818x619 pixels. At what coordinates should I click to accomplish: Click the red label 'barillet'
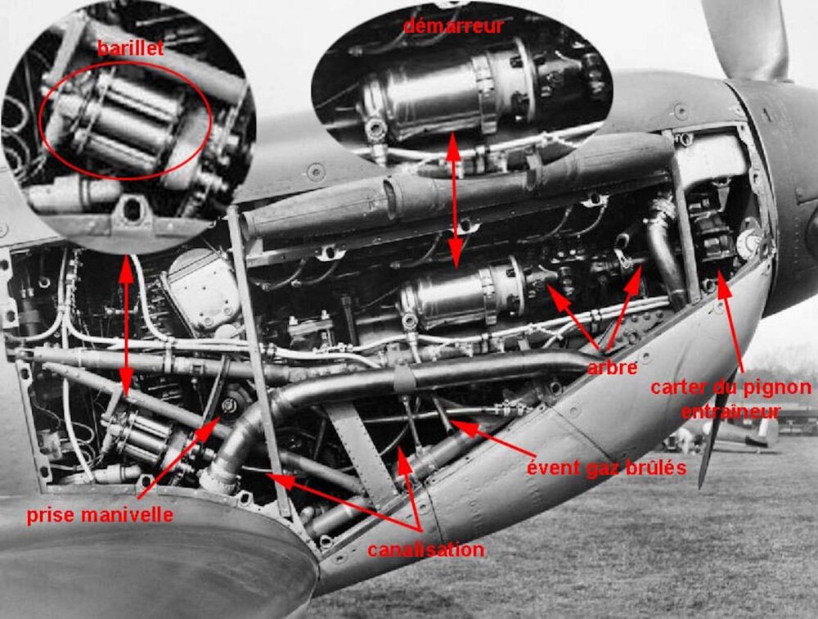tap(130, 48)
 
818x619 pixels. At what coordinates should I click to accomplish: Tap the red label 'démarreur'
tap(454, 25)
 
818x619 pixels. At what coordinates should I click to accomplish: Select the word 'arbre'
tap(612, 367)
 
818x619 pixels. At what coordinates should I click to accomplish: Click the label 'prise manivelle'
tap(100, 516)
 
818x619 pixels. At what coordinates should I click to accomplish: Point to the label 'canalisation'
tap(425, 549)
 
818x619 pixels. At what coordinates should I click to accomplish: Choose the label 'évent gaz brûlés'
tap(606, 468)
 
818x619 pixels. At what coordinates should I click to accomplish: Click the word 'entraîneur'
tap(730, 411)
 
